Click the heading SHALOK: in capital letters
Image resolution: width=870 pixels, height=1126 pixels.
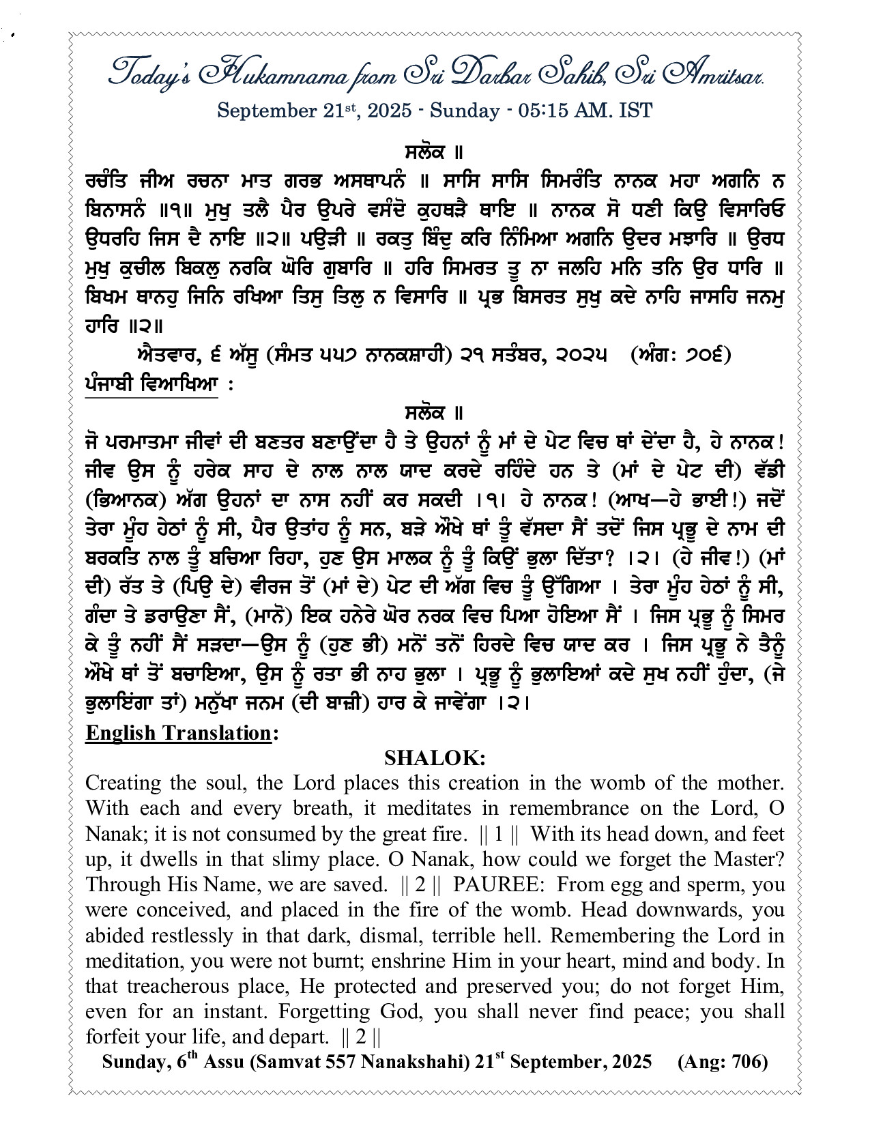pyautogui.click(x=435, y=758)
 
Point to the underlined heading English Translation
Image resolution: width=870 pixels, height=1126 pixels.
pyautogui.click(x=179, y=733)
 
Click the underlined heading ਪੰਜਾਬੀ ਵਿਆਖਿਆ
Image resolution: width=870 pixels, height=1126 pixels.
pyautogui.click(x=151, y=384)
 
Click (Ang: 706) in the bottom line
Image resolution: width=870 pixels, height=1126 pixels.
pyautogui.click(x=723, y=1063)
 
